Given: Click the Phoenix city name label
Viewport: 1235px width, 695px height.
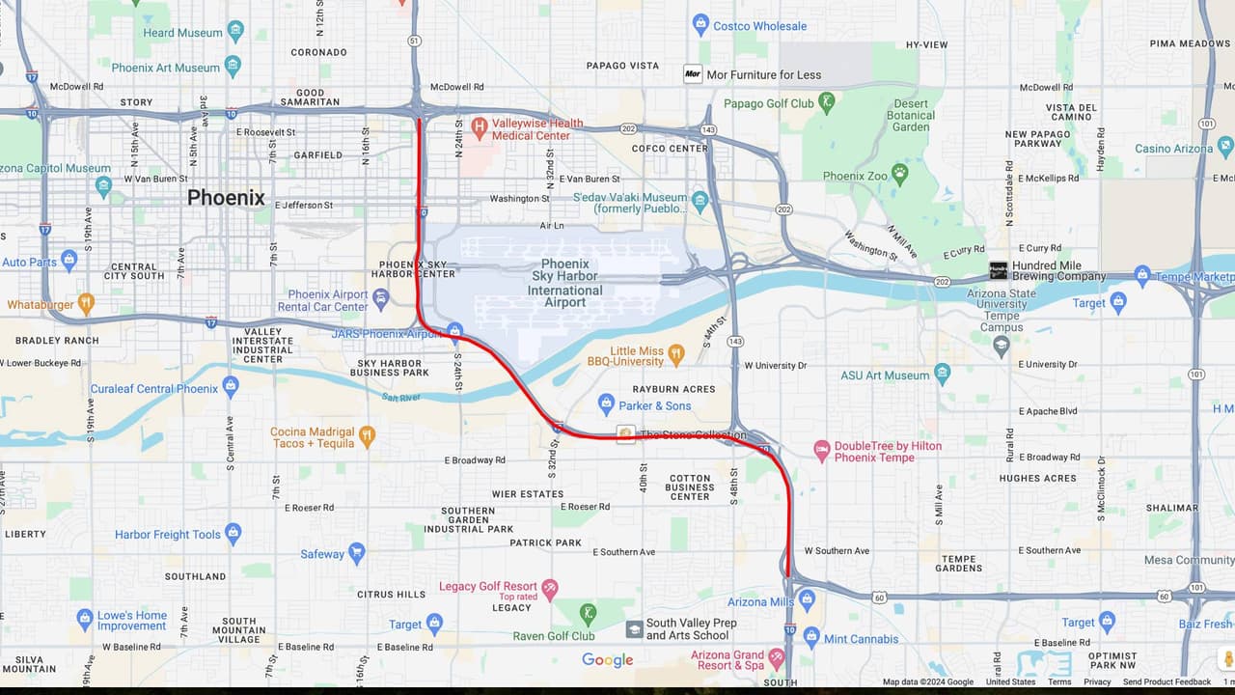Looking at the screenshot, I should coord(226,198).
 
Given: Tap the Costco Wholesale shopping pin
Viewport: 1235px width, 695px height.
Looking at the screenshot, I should coord(700,25).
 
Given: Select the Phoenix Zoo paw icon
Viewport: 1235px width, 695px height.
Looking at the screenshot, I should coord(899,175).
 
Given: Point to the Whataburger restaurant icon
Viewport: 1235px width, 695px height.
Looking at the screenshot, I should coord(86,304).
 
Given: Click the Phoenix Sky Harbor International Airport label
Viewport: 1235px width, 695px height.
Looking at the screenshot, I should coord(564,283).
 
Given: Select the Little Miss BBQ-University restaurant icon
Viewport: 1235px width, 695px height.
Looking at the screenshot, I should coord(676,355).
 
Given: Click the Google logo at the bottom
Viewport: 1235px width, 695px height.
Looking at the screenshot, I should coord(607,660).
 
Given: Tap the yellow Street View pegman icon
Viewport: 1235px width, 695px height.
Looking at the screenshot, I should coord(1227,659).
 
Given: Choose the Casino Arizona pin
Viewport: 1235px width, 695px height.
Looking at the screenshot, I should coord(1225,148).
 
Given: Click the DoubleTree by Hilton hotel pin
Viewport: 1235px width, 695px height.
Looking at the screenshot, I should coord(821,450).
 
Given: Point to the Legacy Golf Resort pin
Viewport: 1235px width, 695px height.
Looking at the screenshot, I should coord(550,588).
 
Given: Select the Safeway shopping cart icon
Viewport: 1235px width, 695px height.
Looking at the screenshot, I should coord(357,553).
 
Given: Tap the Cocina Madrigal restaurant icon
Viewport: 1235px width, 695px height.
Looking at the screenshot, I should coord(367,436).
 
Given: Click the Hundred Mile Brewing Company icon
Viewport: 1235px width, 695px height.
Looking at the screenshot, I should coord(999,270).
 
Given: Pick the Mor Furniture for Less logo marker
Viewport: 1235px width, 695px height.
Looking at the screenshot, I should coord(693,73).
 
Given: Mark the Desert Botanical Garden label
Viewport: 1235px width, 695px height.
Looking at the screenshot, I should coord(911,115).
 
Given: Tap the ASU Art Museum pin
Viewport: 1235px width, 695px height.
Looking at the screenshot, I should coord(943,374).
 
